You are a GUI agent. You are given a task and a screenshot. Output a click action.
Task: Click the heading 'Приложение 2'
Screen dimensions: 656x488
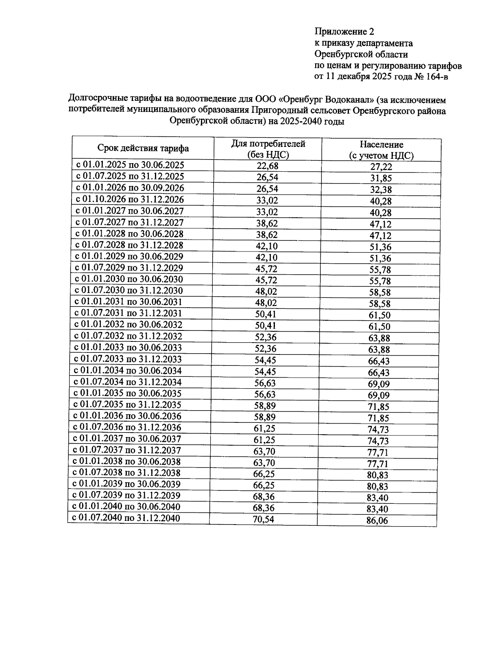[x=344, y=32]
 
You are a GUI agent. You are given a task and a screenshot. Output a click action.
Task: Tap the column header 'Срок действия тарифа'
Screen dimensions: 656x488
[x=143, y=148]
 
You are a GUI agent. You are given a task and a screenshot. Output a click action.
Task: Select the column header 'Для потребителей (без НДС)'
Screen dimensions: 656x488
[x=268, y=149]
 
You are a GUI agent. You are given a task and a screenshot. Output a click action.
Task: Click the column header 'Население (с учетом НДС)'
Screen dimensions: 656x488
[x=381, y=150]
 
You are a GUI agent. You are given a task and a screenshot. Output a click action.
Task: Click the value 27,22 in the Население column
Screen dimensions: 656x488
[x=381, y=167]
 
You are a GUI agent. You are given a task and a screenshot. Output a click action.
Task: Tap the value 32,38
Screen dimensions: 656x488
[x=381, y=190]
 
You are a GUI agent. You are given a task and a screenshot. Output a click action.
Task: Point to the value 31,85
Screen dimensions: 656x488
[x=381, y=178]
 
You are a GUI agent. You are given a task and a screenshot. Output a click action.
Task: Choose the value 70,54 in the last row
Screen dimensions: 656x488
[x=263, y=519]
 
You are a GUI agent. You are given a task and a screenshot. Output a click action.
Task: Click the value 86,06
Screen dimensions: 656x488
[x=377, y=520]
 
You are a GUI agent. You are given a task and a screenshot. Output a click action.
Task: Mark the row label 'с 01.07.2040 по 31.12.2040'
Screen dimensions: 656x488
[x=126, y=518]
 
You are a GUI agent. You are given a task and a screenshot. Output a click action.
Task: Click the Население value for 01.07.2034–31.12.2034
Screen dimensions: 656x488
[x=379, y=384]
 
